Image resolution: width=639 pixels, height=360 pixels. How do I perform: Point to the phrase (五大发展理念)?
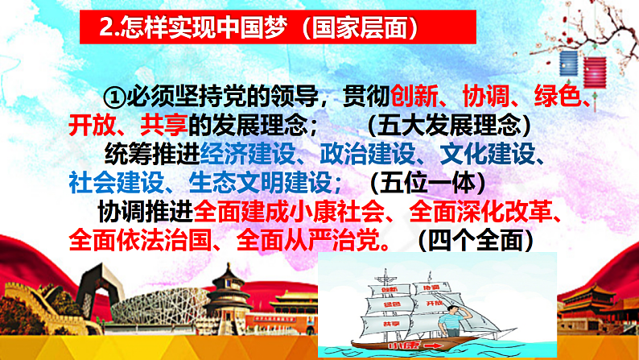[452, 126]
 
